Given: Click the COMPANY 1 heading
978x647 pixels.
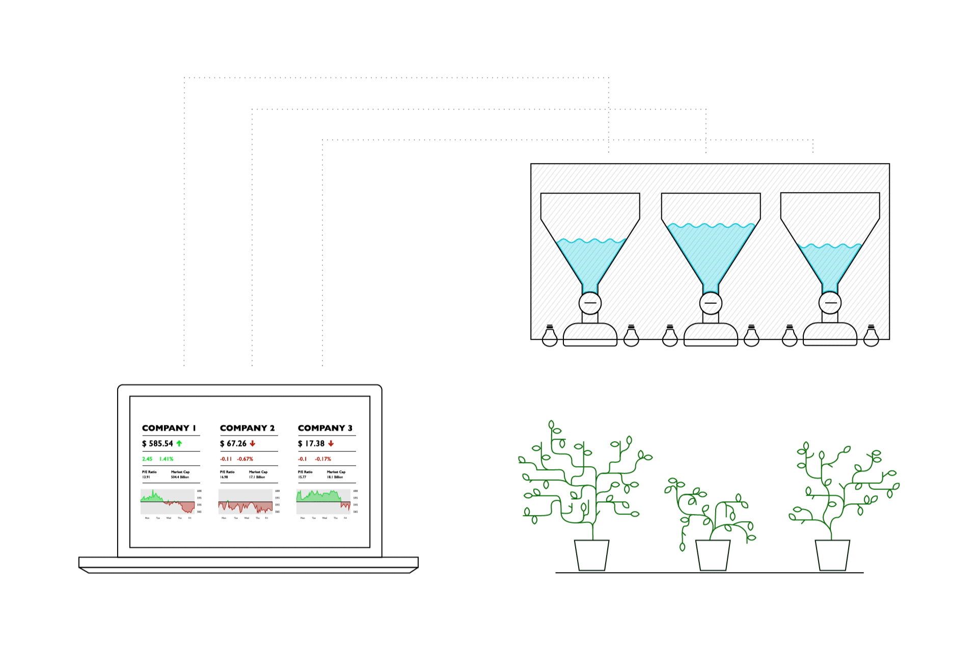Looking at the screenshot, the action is [169, 428].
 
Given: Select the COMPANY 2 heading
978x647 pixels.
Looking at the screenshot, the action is [247, 428].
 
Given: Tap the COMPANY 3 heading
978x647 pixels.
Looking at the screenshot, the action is [325, 428].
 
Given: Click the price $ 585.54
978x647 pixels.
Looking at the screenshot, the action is [157, 444].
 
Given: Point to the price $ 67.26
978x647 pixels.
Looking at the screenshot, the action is [233, 444].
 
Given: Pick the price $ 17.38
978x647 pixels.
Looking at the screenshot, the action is [311, 444].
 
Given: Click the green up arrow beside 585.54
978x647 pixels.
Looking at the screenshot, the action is [179, 444].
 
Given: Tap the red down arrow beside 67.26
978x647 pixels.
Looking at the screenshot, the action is [253, 444].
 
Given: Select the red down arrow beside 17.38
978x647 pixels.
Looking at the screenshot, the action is [331, 444].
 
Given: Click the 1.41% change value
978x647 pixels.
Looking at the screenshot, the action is [167, 459].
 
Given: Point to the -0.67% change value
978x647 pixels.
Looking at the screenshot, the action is [245, 459].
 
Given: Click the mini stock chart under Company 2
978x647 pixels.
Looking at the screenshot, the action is [246, 502].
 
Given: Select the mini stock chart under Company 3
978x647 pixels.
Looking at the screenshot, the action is [323, 502].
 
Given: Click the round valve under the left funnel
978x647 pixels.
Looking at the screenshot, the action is [590, 303].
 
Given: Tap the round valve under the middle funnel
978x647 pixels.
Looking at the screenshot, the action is [711, 303].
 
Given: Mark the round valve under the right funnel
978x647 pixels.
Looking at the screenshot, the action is [830, 303].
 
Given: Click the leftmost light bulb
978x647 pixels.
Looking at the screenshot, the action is [550, 336].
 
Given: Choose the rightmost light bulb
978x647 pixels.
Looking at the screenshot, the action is [871, 336].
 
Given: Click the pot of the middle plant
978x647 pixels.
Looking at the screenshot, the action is [713, 555].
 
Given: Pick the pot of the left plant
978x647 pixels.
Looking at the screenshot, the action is [592, 555].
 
